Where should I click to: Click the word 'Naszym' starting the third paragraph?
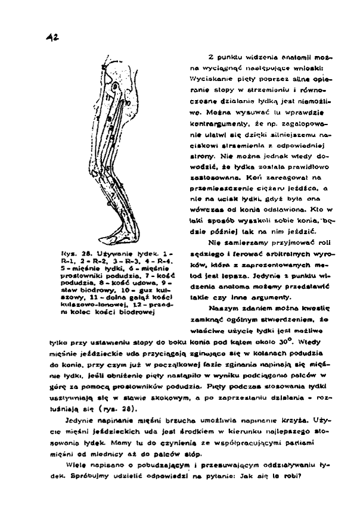click(x=220, y=310)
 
